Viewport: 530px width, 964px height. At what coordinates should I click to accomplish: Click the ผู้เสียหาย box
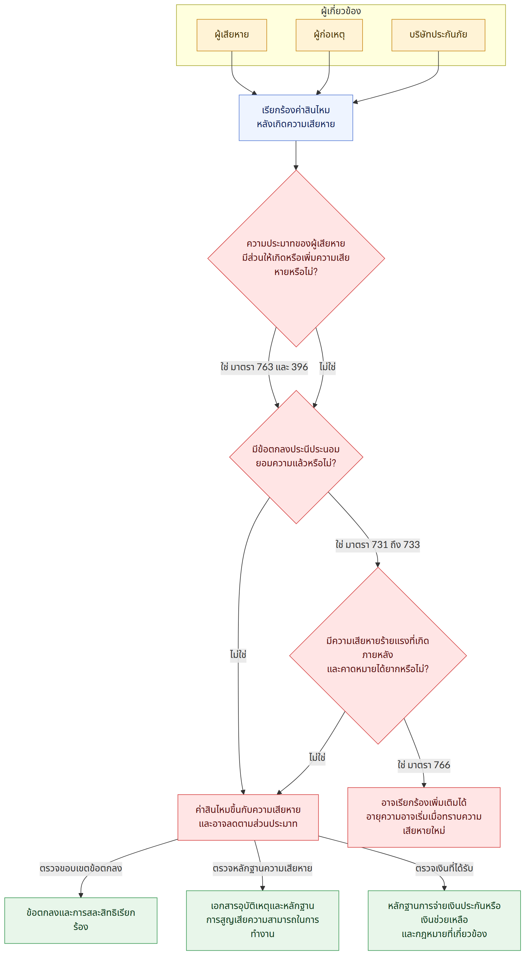coord(232,35)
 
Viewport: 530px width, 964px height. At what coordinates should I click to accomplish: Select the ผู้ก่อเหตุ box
coord(329,35)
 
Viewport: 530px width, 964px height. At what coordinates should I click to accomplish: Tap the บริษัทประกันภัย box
coord(438,35)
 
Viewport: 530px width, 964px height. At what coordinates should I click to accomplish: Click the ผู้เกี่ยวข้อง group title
coord(341,11)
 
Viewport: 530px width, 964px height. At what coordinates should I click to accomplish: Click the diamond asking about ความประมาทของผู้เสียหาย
coord(296,258)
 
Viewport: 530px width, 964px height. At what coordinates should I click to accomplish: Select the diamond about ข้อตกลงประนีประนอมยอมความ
coord(296,457)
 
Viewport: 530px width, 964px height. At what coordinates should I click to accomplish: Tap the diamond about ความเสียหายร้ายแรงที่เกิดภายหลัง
coord(378,656)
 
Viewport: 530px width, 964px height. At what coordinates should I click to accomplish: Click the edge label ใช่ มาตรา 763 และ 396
coord(264,367)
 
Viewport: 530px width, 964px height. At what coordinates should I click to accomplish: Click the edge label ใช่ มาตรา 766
coord(424,765)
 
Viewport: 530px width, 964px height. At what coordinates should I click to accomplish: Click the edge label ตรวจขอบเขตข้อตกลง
coord(81,868)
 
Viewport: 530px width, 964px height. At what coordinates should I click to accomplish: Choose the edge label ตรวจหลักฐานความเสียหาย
coord(262,868)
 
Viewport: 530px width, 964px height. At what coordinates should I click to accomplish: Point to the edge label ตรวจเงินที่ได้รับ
coord(444,868)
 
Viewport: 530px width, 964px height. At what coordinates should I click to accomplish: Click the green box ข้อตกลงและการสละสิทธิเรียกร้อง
coord(81,920)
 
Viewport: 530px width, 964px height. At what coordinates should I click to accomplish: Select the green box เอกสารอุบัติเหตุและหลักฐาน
coord(262,920)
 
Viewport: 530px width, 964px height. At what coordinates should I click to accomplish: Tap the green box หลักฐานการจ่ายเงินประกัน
coord(444,920)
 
